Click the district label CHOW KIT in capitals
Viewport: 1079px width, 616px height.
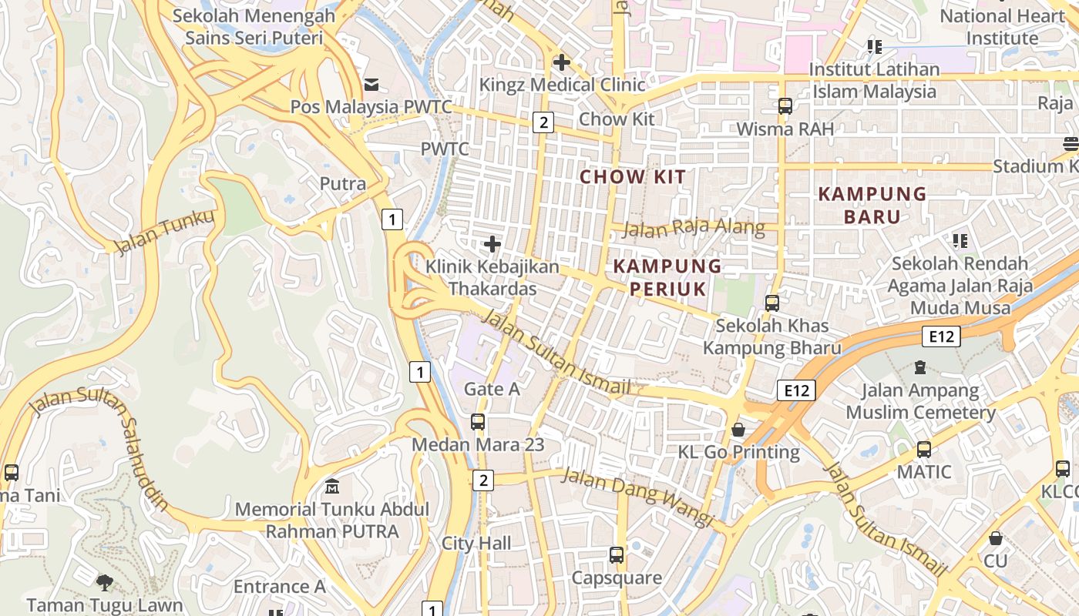pyautogui.click(x=632, y=177)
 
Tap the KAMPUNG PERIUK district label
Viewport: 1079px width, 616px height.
pyautogui.click(x=667, y=278)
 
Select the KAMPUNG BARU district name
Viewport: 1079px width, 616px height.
pyautogui.click(x=872, y=205)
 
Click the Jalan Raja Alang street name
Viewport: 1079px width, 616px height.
pyautogui.click(x=694, y=228)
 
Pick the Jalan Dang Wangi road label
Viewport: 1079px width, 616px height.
pyautogui.click(x=637, y=497)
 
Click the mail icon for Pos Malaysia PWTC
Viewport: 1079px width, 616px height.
pyautogui.click(x=371, y=83)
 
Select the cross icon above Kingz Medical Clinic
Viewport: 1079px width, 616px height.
pyautogui.click(x=562, y=62)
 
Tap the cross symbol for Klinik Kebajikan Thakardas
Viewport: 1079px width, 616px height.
pyautogui.click(x=492, y=245)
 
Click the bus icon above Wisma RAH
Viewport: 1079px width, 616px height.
pyautogui.click(x=785, y=106)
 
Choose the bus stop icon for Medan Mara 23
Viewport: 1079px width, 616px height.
pyautogui.click(x=478, y=422)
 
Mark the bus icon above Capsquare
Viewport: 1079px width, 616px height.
pyautogui.click(x=616, y=554)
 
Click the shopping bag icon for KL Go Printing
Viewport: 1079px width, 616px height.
pyautogui.click(x=738, y=429)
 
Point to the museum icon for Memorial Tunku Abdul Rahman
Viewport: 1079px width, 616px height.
pyautogui.click(x=332, y=487)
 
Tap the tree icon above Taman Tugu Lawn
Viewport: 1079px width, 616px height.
pyautogui.click(x=105, y=583)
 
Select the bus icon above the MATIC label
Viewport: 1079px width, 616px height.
pyautogui.click(x=923, y=449)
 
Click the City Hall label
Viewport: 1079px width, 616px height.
pyautogui.click(x=476, y=544)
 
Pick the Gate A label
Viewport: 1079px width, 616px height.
pyautogui.click(x=492, y=390)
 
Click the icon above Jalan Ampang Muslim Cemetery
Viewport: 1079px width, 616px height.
pyautogui.click(x=920, y=367)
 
